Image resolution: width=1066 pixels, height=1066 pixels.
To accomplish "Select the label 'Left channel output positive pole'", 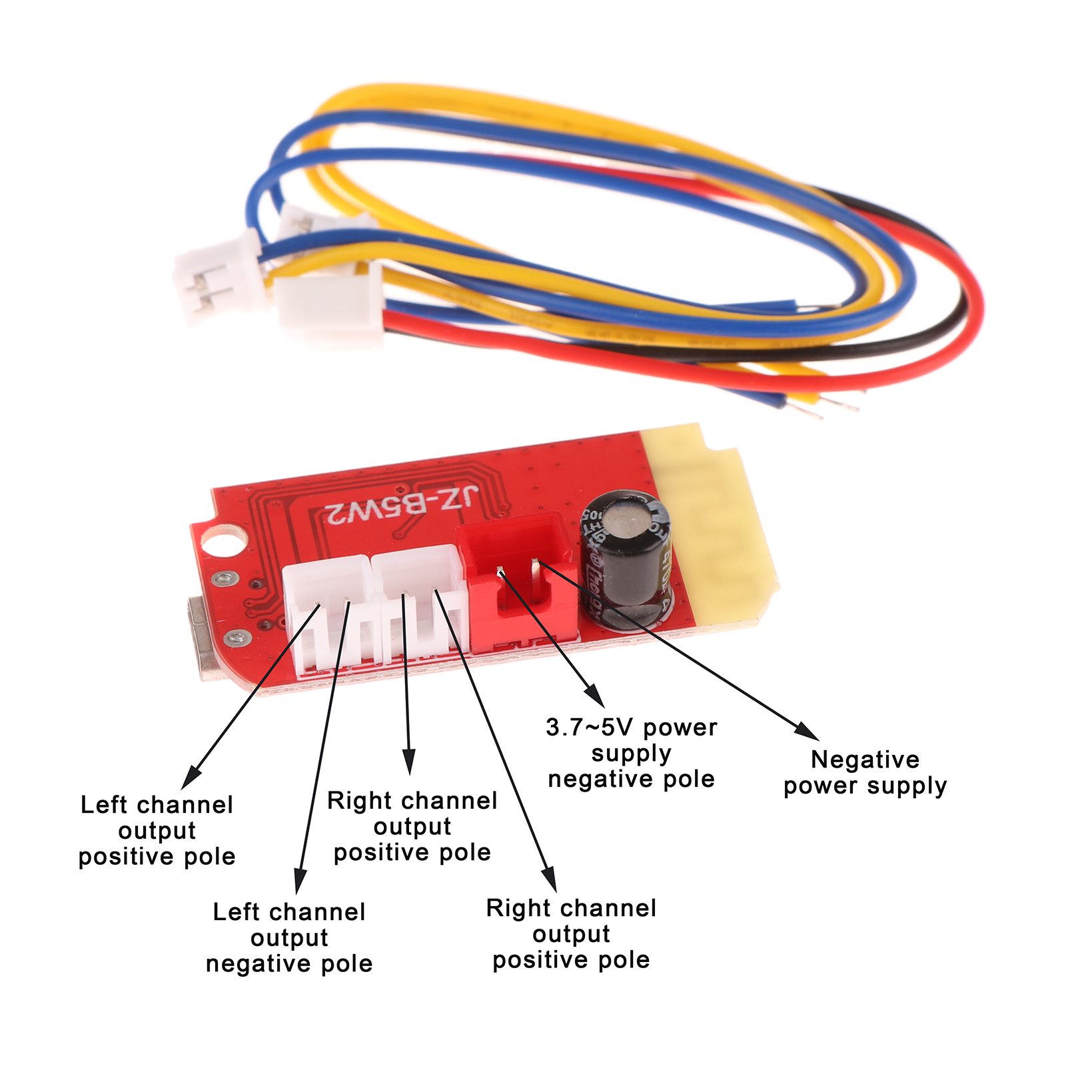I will point(157,830).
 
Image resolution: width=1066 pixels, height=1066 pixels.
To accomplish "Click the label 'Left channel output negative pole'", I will point(289,937).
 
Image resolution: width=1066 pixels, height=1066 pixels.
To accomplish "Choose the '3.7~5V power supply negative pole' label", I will point(632,753).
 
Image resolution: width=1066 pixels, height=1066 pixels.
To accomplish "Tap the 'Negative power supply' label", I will point(865,772).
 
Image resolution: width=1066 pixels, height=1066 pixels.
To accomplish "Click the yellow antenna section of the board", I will point(713,526).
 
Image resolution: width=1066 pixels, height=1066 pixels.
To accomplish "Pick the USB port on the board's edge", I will point(201,636).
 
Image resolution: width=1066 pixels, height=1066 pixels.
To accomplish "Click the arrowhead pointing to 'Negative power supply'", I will point(807,731).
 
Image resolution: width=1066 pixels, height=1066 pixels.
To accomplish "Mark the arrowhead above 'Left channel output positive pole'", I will point(192,777).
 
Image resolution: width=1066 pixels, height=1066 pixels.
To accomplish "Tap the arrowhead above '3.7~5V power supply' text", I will point(595,696).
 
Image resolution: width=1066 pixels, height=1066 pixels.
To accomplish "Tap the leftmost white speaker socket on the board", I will point(328,610).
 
